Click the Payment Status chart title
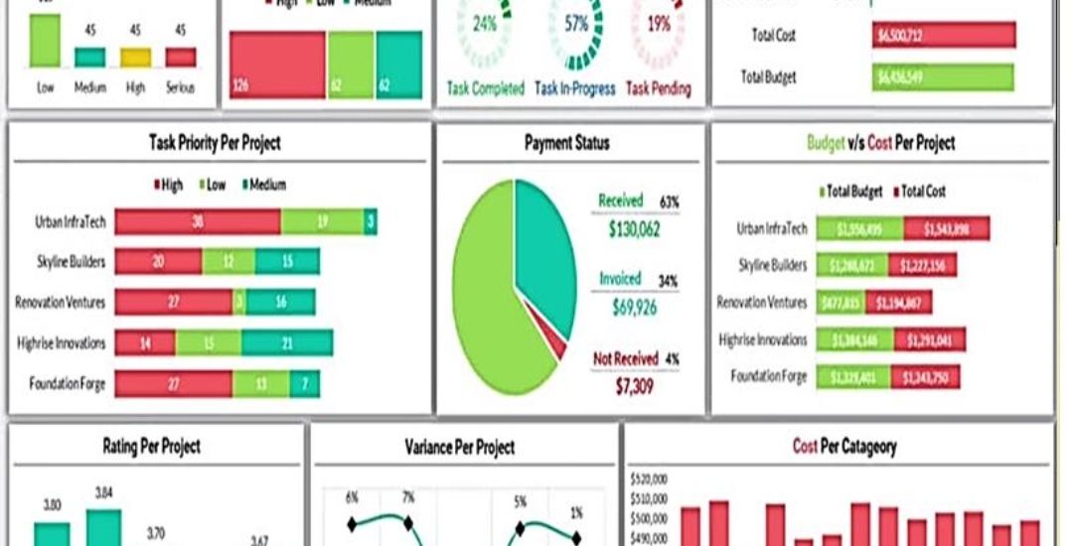[x=566, y=143]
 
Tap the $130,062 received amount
[x=635, y=230]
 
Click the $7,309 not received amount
[x=635, y=385]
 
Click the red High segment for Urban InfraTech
[x=198, y=222]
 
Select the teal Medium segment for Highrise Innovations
[x=286, y=343]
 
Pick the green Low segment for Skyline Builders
[x=229, y=262]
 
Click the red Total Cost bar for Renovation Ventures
[x=898, y=303]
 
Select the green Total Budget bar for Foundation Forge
[x=853, y=376]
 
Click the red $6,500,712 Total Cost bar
[x=944, y=36]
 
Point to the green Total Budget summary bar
[x=943, y=77]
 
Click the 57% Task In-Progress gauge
[x=576, y=25]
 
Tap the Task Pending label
[x=658, y=89]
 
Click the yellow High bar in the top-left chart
[x=136, y=57]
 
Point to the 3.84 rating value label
[x=103, y=492]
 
